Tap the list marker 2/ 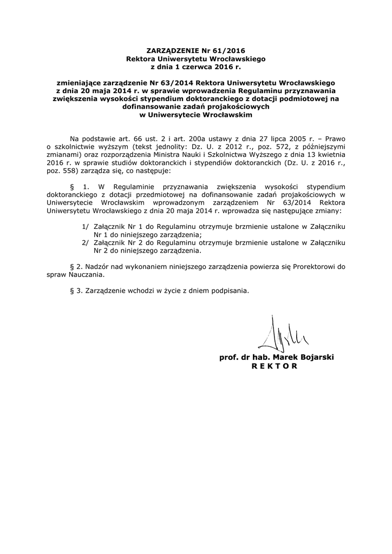pyautogui.click(x=86, y=243)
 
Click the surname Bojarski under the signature pyautogui.click(x=315, y=358)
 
